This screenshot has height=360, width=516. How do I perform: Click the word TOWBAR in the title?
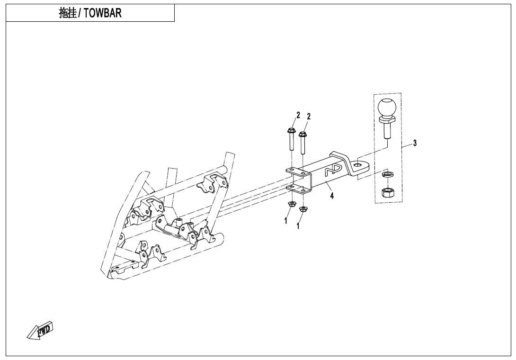[x=102, y=13]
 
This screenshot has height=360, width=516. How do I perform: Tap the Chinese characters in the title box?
[x=67, y=13]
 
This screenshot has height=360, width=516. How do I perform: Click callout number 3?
[x=415, y=143]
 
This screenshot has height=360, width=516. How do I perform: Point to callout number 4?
[x=332, y=196]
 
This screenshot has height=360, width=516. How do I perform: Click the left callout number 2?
[x=298, y=115]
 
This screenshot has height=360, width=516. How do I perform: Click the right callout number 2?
[x=309, y=116]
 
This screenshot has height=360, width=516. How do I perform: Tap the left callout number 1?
[x=285, y=221]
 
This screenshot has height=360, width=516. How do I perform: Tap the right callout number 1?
[x=298, y=226]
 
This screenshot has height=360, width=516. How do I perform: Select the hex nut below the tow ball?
[x=385, y=192]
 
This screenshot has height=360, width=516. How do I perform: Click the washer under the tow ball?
[x=385, y=174]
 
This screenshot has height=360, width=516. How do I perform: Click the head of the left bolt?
[x=291, y=130]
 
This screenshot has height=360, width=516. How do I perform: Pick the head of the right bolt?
[x=302, y=135]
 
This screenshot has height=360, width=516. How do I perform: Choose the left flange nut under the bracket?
[x=291, y=204]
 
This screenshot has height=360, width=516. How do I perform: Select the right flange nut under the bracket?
[x=302, y=208]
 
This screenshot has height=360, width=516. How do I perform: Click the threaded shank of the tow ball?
[x=386, y=132]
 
